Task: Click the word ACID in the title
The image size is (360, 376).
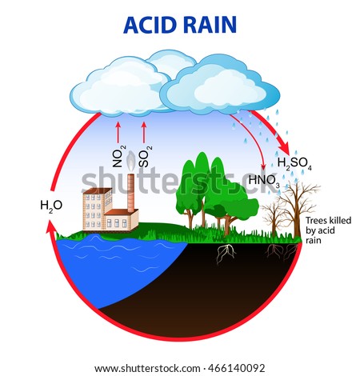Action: pos(150,25)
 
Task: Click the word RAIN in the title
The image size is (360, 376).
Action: pos(210,25)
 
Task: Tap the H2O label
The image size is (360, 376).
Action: pos(51,206)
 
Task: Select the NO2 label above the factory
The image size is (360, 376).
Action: pos(118,156)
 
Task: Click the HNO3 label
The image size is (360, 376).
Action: pos(264,181)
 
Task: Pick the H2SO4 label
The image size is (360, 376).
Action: pos(294,163)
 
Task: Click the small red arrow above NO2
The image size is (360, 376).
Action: pos(118,133)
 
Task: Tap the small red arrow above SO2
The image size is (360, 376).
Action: pos(144,133)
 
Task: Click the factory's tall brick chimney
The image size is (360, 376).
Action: pos(130,193)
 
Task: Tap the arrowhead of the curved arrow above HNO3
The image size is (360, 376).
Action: pos(263,167)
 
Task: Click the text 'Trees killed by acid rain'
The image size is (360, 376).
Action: pos(328,230)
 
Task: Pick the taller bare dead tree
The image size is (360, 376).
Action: pos(297,210)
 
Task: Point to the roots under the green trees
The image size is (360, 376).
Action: pos(226,254)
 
